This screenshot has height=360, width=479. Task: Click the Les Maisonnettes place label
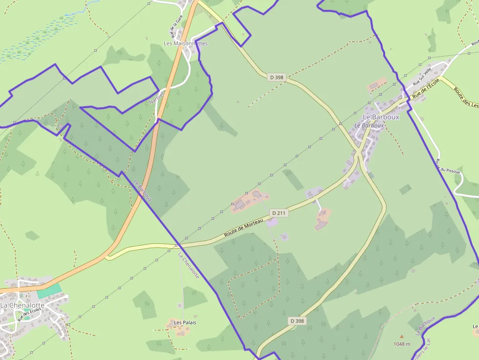tap(185, 43)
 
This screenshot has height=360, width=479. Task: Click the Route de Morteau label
tap(243, 228)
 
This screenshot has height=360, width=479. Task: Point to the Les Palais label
tap(185, 322)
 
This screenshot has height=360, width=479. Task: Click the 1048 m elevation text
tap(401, 344)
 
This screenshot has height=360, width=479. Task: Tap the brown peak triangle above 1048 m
tap(402, 336)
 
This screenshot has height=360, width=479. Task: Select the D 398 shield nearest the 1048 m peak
tap(297, 321)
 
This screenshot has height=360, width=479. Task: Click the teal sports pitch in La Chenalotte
tap(49, 289)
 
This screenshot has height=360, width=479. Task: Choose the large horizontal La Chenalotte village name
tap(22, 305)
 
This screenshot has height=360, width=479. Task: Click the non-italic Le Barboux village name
tap(381, 117)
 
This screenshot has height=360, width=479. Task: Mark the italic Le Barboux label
tap(369, 126)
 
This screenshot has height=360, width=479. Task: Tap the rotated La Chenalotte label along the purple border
tap(189, 266)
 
